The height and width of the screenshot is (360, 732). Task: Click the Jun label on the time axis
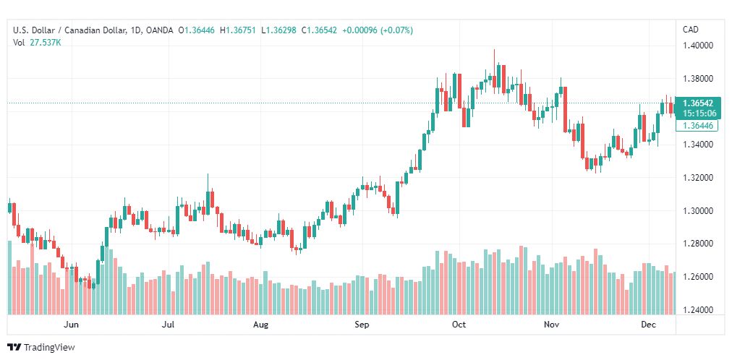pyautogui.click(x=72, y=325)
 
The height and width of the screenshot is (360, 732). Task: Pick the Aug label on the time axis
pyautogui.click(x=260, y=325)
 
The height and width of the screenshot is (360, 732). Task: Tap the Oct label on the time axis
pyautogui.click(x=459, y=325)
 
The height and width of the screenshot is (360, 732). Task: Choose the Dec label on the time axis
pyautogui.click(x=648, y=325)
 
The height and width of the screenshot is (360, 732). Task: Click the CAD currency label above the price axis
pyautogui.click(x=691, y=30)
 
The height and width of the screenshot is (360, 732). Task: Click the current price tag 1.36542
pyautogui.click(x=697, y=103)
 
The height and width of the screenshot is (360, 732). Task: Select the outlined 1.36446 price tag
pyautogui.click(x=697, y=125)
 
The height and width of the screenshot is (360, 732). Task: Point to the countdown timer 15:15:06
pyautogui.click(x=697, y=113)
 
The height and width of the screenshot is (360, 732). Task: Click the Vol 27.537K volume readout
pyautogui.click(x=37, y=43)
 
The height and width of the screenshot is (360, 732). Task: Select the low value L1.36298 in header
pyautogui.click(x=278, y=30)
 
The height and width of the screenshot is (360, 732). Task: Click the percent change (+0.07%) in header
pyautogui.click(x=397, y=30)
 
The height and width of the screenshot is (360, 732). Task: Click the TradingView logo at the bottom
pyautogui.click(x=41, y=348)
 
